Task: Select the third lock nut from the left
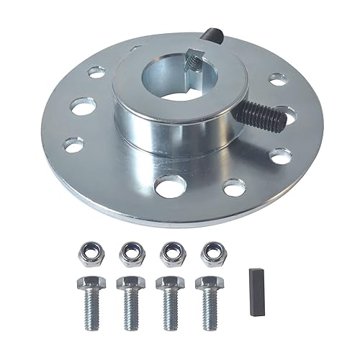[171, 253]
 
